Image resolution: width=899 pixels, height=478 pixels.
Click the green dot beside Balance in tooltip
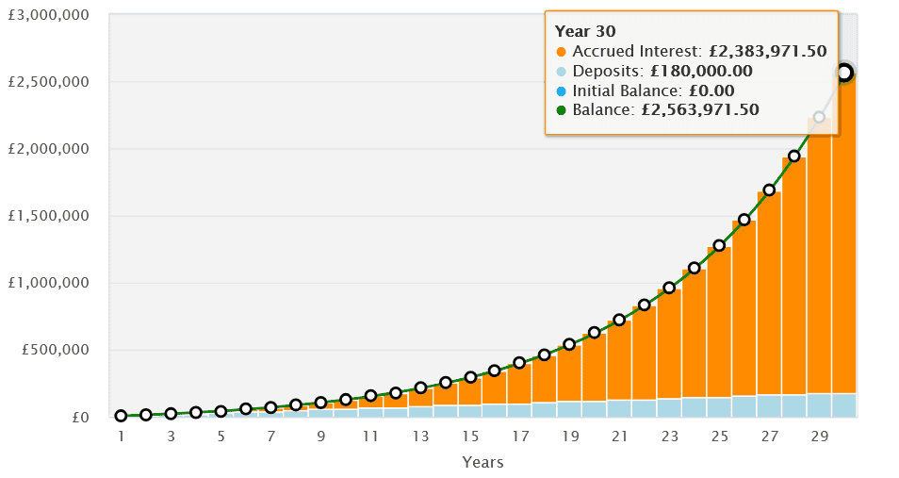point(562,110)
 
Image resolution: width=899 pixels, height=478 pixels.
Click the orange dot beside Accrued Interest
point(562,51)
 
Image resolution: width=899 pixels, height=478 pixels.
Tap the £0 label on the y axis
point(80,417)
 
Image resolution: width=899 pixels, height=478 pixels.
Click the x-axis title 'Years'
point(482,462)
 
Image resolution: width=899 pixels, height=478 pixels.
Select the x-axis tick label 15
point(470,437)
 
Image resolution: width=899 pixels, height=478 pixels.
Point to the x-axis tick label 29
point(819,437)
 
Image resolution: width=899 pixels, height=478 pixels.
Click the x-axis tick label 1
point(121,437)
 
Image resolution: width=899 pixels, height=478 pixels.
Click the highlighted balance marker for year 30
point(844,73)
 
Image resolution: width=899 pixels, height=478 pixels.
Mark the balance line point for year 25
point(719,245)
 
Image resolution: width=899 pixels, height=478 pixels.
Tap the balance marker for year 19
point(569,344)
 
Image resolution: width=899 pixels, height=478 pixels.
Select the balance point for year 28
point(793,157)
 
